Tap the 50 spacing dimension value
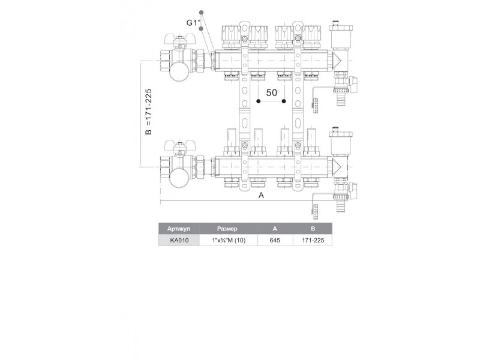(x=271, y=94)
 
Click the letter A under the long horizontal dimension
(x=261, y=196)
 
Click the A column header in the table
(x=275, y=229)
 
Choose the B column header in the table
(x=312, y=229)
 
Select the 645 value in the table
(x=275, y=240)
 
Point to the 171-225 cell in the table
(x=312, y=240)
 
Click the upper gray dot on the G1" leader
(x=202, y=13)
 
